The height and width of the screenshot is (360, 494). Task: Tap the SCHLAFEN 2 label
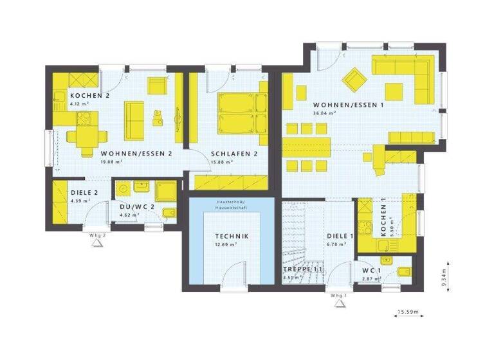coord(234,154)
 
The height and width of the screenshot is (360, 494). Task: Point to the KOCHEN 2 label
coord(90,95)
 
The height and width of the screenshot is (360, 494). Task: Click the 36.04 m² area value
coord(325,113)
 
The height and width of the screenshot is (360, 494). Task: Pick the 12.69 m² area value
coord(226,244)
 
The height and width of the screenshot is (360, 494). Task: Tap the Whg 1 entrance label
coord(338,295)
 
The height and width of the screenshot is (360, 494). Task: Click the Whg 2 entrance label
coord(97,235)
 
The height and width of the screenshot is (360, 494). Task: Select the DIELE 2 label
coord(84,192)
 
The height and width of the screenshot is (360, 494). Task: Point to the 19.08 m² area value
coord(111,162)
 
